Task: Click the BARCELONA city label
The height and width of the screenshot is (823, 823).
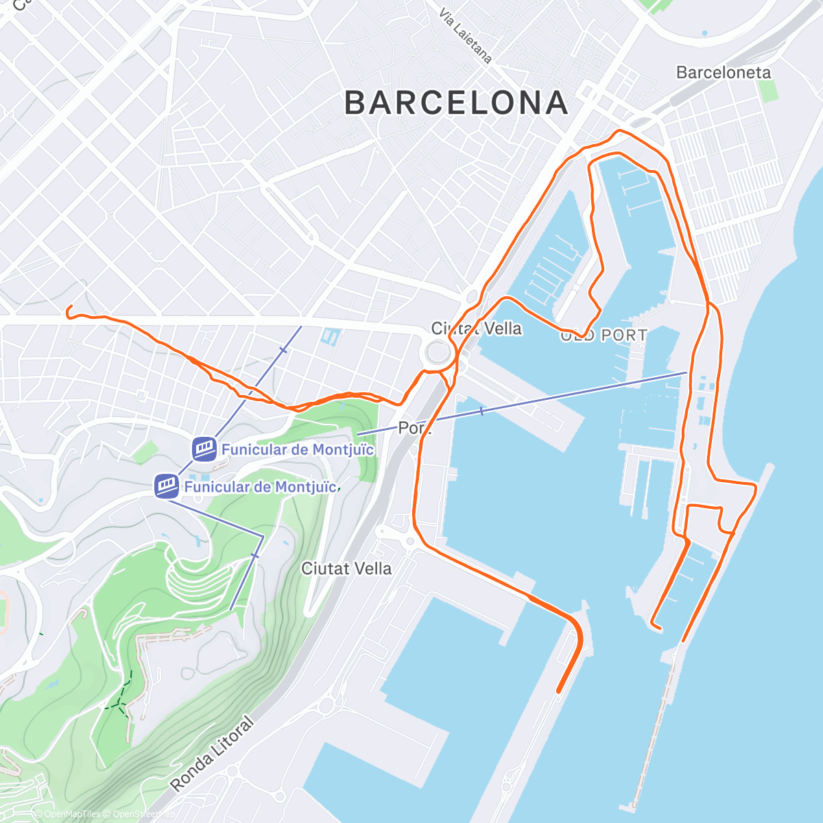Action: click(x=456, y=103)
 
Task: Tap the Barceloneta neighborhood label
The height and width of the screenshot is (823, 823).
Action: click(x=723, y=72)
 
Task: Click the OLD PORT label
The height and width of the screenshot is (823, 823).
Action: click(x=604, y=335)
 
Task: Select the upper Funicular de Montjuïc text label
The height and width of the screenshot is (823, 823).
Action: click(x=297, y=450)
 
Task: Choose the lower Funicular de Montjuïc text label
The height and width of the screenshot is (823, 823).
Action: click(x=261, y=487)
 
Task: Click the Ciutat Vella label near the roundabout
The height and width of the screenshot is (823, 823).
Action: click(x=476, y=329)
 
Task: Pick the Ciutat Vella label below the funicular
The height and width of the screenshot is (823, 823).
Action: click(x=346, y=569)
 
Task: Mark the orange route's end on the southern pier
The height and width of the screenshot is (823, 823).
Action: click(x=559, y=691)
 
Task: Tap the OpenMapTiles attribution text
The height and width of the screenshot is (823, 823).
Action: click(x=68, y=814)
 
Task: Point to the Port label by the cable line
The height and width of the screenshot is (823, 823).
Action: click(x=414, y=428)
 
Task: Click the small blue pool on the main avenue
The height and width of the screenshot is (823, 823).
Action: click(x=330, y=337)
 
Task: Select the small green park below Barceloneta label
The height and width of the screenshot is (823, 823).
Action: click(x=770, y=91)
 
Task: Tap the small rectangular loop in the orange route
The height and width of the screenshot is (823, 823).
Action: click(x=704, y=520)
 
